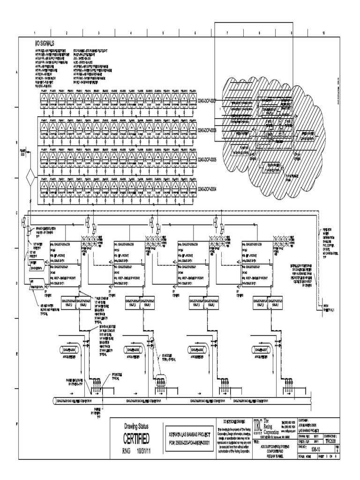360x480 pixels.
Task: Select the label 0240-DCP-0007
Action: tap(207, 100)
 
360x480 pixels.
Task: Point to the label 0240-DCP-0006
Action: tap(207, 130)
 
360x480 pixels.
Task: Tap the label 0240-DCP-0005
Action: tap(207, 159)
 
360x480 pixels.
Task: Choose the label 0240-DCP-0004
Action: tap(207, 189)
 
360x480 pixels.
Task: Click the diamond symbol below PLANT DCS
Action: tap(30, 180)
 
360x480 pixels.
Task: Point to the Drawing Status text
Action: tap(136, 426)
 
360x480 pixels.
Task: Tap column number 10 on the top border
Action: tap(323, 33)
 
